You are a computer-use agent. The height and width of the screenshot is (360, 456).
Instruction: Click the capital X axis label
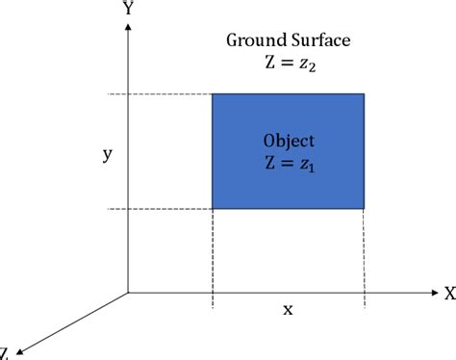[448, 292]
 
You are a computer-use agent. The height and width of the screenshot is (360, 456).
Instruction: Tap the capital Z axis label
[5, 352]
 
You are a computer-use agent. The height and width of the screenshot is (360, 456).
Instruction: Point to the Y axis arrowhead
[128, 27]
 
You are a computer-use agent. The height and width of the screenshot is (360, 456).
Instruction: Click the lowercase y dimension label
[106, 153]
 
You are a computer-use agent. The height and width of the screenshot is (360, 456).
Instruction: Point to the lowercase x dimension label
[288, 309]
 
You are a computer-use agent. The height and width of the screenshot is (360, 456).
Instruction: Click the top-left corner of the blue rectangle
[213, 94]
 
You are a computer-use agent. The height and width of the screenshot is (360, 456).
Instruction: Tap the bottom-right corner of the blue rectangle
[364, 208]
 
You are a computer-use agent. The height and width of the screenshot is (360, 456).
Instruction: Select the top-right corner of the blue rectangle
[364, 94]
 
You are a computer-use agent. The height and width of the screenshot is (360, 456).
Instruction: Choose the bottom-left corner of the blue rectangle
[213, 208]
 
